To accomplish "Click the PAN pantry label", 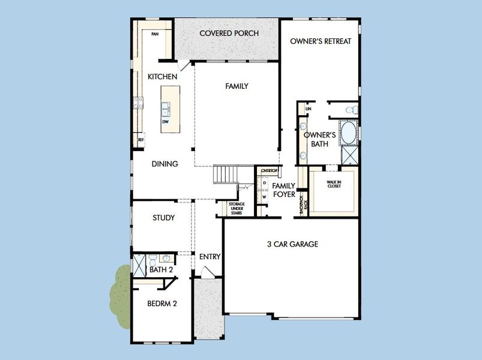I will pos(155,34).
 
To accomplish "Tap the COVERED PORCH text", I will pos(229,34).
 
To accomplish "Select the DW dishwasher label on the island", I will pos(165,121).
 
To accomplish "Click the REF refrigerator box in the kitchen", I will pos(141,139).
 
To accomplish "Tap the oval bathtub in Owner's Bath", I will pos(348,133).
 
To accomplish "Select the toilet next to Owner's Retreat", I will pos(353,109).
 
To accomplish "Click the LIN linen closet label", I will pos(309,109).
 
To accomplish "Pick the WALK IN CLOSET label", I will pos(334,184).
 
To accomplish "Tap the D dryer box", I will pos(265,182).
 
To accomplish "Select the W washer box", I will pos(265,196).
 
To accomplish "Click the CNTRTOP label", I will pos(267,171).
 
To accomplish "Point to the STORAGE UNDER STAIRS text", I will pos(236,208).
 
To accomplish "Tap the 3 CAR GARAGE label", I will pos(292,244).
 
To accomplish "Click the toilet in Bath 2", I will pos(153,261).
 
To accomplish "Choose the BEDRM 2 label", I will pos(162,304).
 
